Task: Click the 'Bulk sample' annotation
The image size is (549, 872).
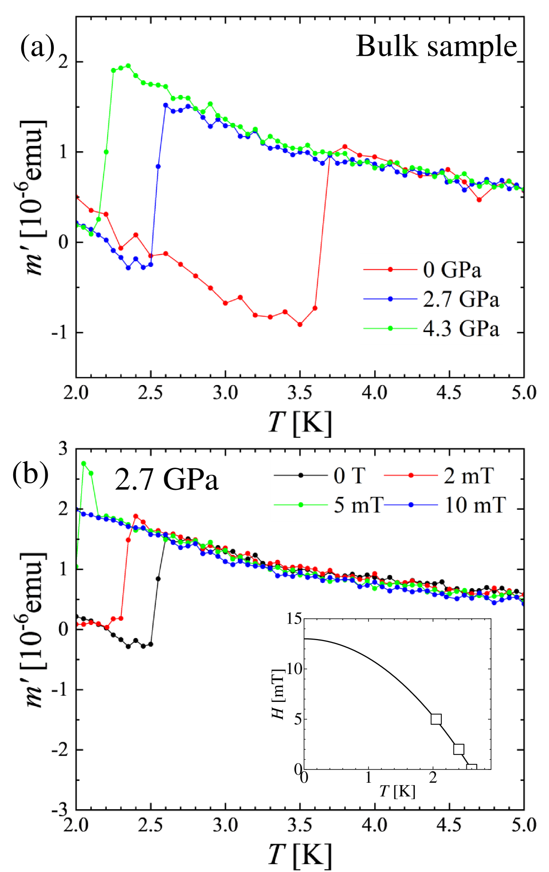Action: coord(436,46)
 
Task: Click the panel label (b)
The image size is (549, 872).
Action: coord(31,475)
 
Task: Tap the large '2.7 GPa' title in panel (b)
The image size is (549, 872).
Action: coord(167,480)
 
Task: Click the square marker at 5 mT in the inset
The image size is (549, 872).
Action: coord(436,719)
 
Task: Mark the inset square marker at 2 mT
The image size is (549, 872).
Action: coord(458,749)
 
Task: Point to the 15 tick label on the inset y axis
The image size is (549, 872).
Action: coord(294,619)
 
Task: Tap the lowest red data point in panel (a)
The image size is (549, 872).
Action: coord(300,325)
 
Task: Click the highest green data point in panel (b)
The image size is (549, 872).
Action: coord(84,463)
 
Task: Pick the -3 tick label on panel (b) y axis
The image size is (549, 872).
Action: coord(59,811)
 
